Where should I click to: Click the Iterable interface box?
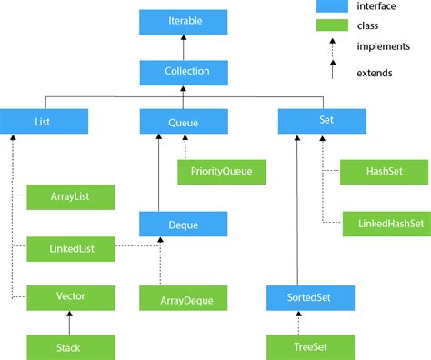[183, 20]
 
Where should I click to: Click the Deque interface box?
[183, 222]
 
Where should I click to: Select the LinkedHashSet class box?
[386, 222]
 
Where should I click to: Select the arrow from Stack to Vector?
[70, 321]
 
